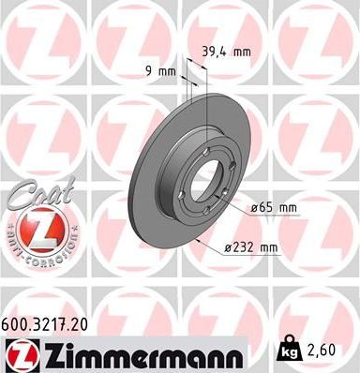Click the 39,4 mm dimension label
point(224,52)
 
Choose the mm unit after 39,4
point(242,52)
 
